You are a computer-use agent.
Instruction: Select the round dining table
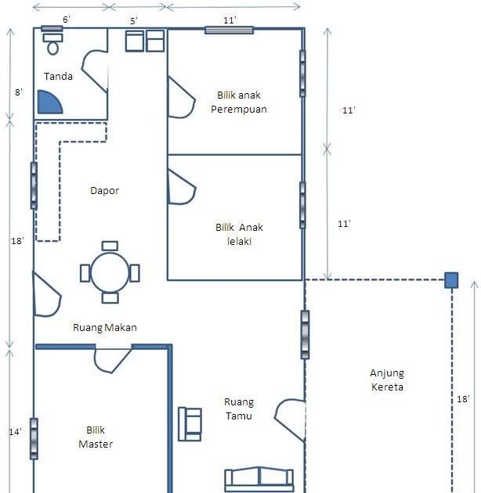(x=110, y=272)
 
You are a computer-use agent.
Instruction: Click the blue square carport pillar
(x=451, y=280)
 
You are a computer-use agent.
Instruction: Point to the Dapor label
(x=104, y=190)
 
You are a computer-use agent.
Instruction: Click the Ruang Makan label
(x=105, y=328)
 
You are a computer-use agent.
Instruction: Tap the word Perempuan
(x=239, y=110)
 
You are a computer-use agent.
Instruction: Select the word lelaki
(x=239, y=242)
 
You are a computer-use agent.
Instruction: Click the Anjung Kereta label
(x=387, y=380)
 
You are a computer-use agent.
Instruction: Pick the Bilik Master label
(x=96, y=437)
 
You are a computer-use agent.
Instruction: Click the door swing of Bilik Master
(x=112, y=361)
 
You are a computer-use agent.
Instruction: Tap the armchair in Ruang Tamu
(x=190, y=424)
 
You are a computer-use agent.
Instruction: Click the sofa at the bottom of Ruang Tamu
(x=259, y=480)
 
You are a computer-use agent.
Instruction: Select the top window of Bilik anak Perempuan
(x=230, y=31)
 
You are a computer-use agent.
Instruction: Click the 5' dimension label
(x=134, y=21)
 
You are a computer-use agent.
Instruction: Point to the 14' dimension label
(x=15, y=432)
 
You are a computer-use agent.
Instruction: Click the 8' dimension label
(x=19, y=92)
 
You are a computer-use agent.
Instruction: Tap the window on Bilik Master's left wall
(x=34, y=438)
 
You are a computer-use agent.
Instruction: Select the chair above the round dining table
(x=110, y=246)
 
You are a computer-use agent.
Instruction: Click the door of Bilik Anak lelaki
(x=182, y=188)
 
